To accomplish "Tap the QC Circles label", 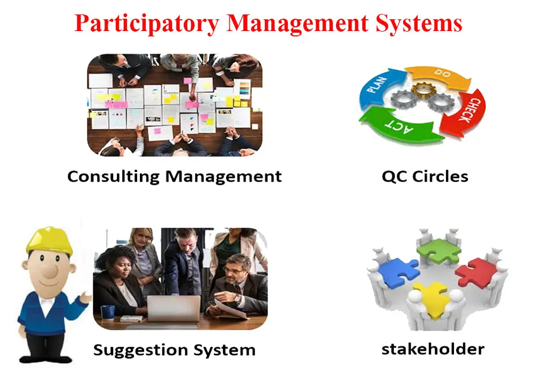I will pyautogui.click(x=425, y=176).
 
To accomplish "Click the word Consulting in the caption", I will pyautogui.click(x=114, y=176).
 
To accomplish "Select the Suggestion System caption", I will pyautogui.click(x=174, y=350).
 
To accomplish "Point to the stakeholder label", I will pyautogui.click(x=433, y=349).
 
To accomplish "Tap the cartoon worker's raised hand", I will pyautogui.click(x=86, y=295).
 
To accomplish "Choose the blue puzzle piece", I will pyautogui.click(x=397, y=270).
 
